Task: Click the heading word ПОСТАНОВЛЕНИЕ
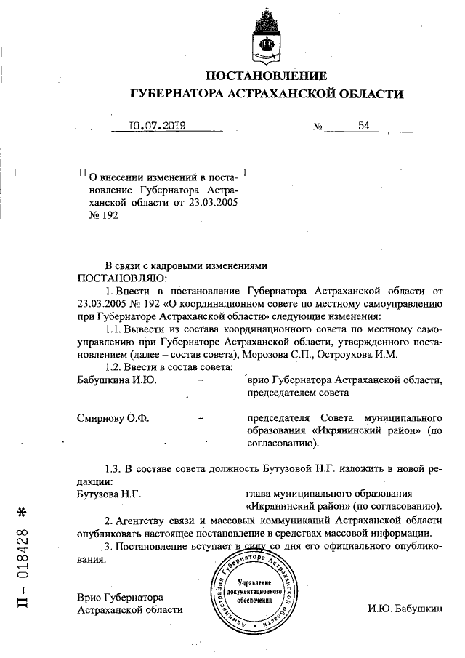267,76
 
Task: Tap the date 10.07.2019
157,126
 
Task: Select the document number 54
363,126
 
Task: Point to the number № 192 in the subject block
102,215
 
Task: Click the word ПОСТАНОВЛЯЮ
122,277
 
